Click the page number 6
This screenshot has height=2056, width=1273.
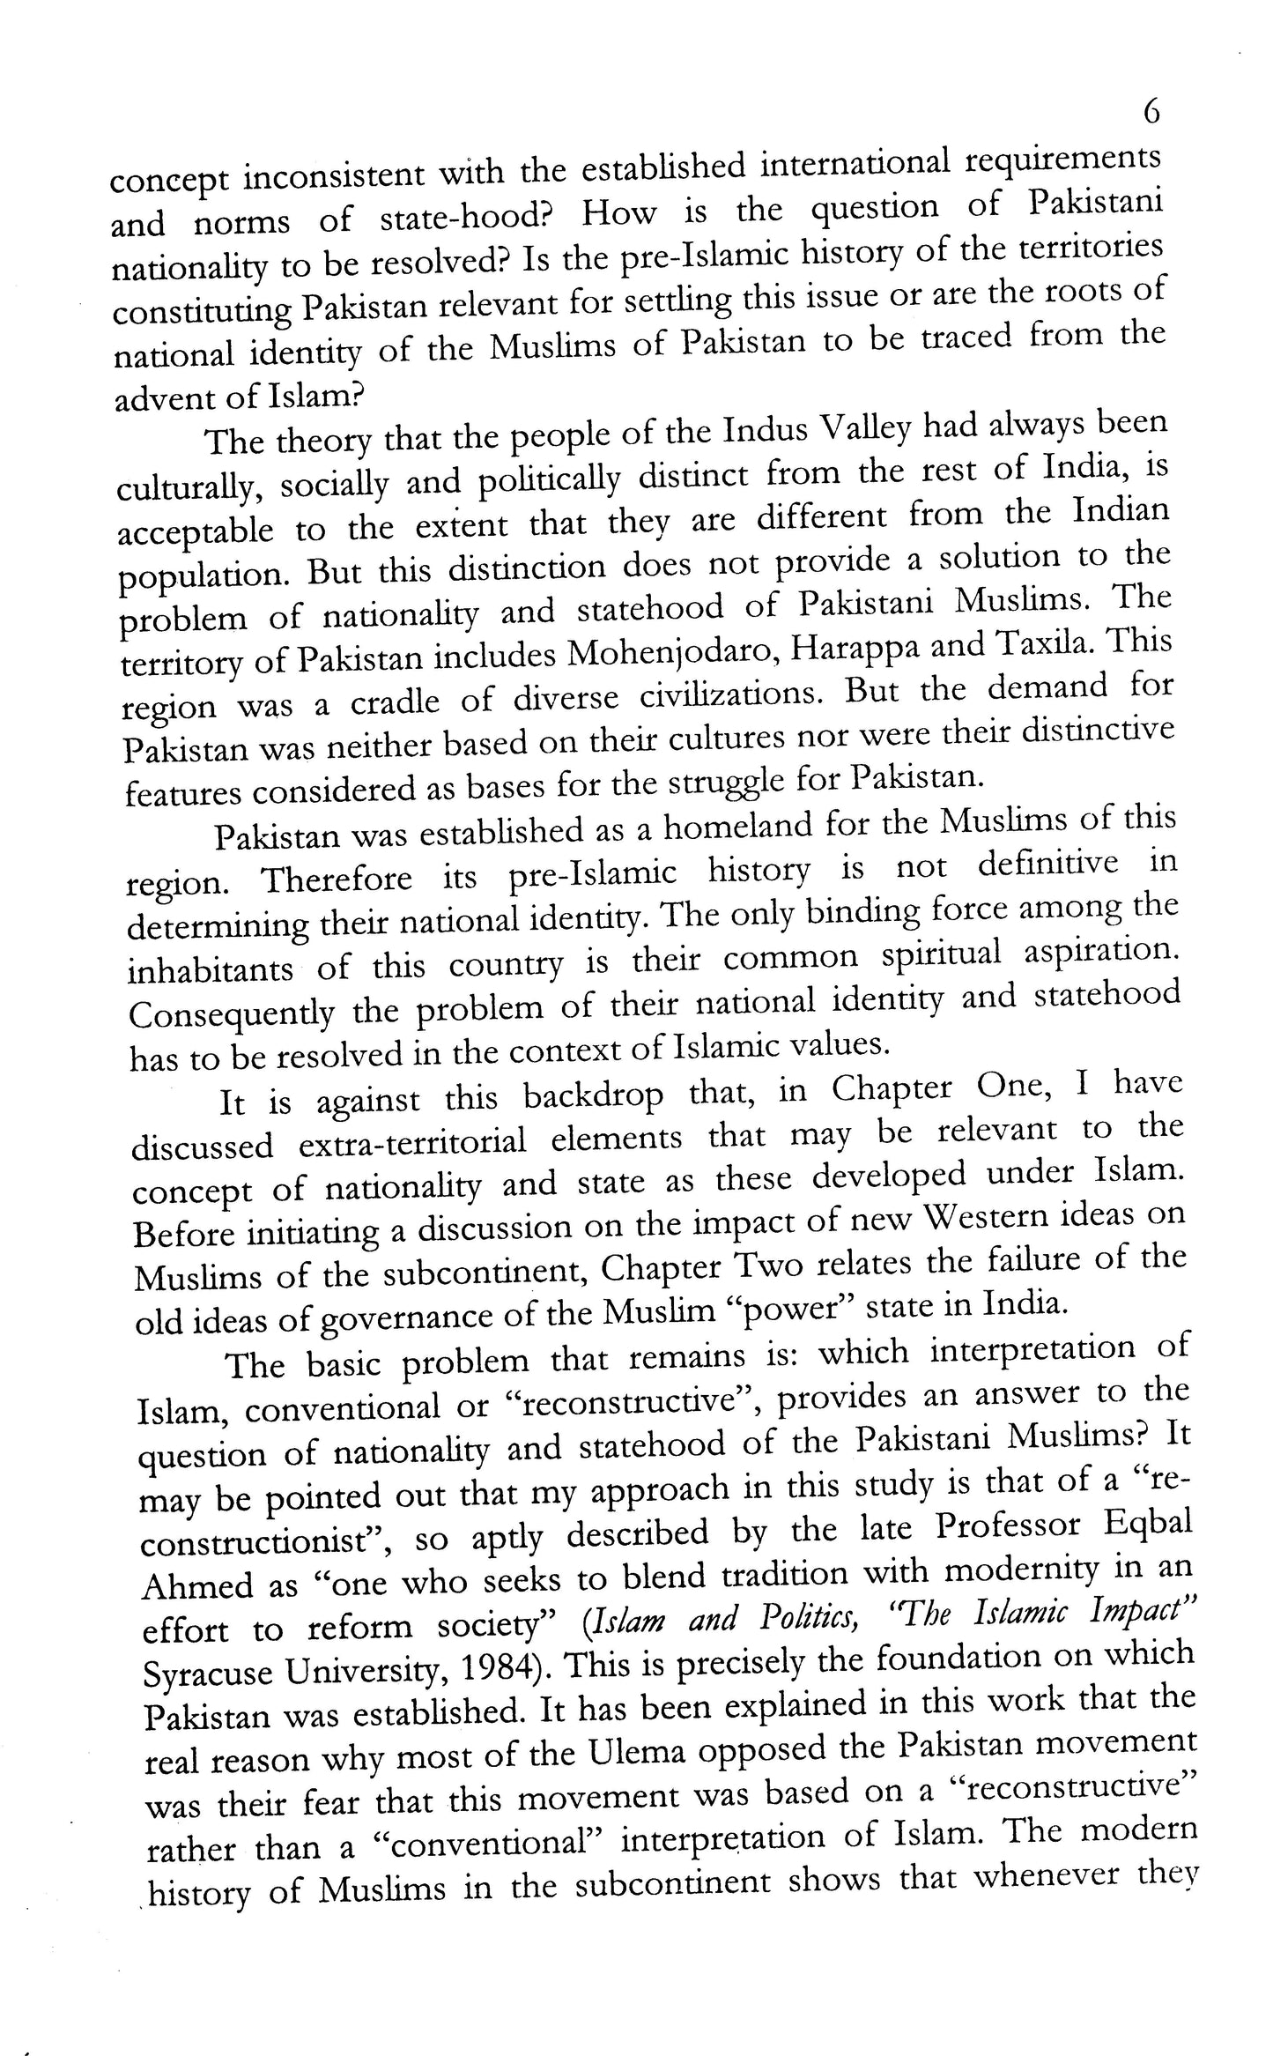1151,113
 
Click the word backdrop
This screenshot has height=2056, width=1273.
592,1095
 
